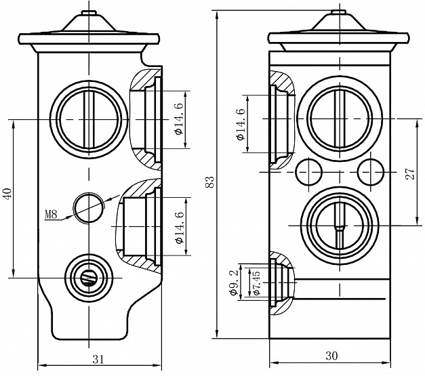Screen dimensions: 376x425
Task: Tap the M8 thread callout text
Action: (52, 215)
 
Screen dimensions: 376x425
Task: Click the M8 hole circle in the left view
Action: (88, 206)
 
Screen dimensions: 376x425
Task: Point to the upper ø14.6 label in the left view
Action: (178, 119)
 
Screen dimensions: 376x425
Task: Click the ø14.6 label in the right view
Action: (241, 124)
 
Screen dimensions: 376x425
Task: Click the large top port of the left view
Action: (89, 119)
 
